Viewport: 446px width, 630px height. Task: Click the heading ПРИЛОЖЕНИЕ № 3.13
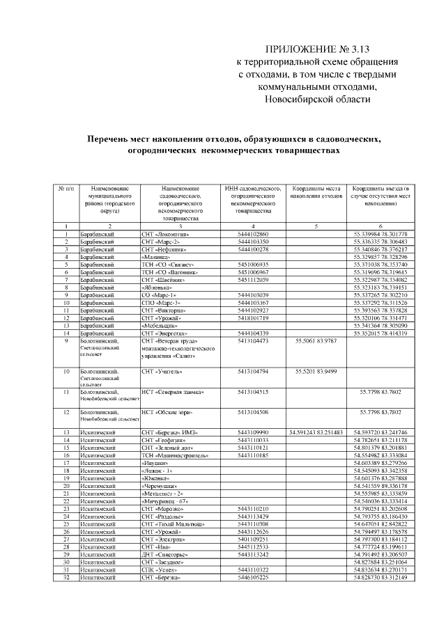pyautogui.click(x=314, y=50)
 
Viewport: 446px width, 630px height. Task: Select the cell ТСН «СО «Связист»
pyautogui.click(x=165, y=265)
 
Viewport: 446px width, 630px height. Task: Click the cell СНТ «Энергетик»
pyautogui.click(x=164, y=333)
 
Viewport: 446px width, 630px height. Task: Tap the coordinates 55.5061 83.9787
pyautogui.click(x=316, y=341)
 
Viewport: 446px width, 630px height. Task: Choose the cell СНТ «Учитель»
pyautogui.click(x=162, y=372)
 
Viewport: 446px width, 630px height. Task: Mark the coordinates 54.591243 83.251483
pyautogui.click(x=316, y=432)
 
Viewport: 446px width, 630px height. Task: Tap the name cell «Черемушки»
pyautogui.click(x=158, y=486)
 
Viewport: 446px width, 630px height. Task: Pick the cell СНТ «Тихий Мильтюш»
pyautogui.click(x=173, y=524)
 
